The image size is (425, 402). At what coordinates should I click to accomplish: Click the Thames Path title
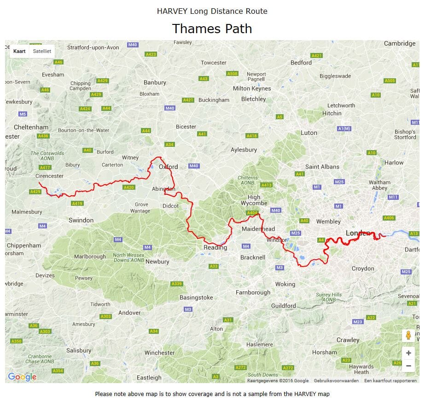pyautogui.click(x=212, y=29)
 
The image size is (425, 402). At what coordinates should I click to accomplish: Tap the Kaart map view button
pyautogui.click(x=19, y=51)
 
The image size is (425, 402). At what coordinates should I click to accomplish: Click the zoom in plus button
pyautogui.click(x=408, y=353)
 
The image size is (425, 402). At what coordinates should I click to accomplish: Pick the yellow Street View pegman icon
pyautogui.click(x=408, y=335)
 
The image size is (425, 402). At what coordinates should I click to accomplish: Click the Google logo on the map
pyautogui.click(x=22, y=377)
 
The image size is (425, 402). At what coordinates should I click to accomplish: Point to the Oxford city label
pyautogui.click(x=168, y=167)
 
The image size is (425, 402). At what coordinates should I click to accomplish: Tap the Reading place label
pyautogui.click(x=215, y=247)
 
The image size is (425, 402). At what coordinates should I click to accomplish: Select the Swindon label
pyautogui.click(x=81, y=220)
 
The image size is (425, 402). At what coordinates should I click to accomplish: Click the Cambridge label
pyautogui.click(x=400, y=43)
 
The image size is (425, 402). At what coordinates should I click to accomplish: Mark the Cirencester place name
pyautogui.click(x=50, y=176)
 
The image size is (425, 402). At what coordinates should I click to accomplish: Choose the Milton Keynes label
pyautogui.click(x=252, y=88)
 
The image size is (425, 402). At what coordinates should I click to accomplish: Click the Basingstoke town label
pyautogui.click(x=196, y=297)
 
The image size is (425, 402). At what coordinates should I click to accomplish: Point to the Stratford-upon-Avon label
pyautogui.click(x=93, y=47)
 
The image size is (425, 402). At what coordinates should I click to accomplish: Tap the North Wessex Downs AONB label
pyautogui.click(x=128, y=258)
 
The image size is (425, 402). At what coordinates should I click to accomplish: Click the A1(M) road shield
pyautogui.click(x=344, y=128)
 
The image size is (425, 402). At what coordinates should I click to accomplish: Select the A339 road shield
pyautogui.click(x=177, y=284)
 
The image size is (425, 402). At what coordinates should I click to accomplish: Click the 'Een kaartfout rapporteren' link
pyautogui.click(x=390, y=381)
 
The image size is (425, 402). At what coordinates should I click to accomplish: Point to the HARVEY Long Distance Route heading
pyautogui.click(x=212, y=11)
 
